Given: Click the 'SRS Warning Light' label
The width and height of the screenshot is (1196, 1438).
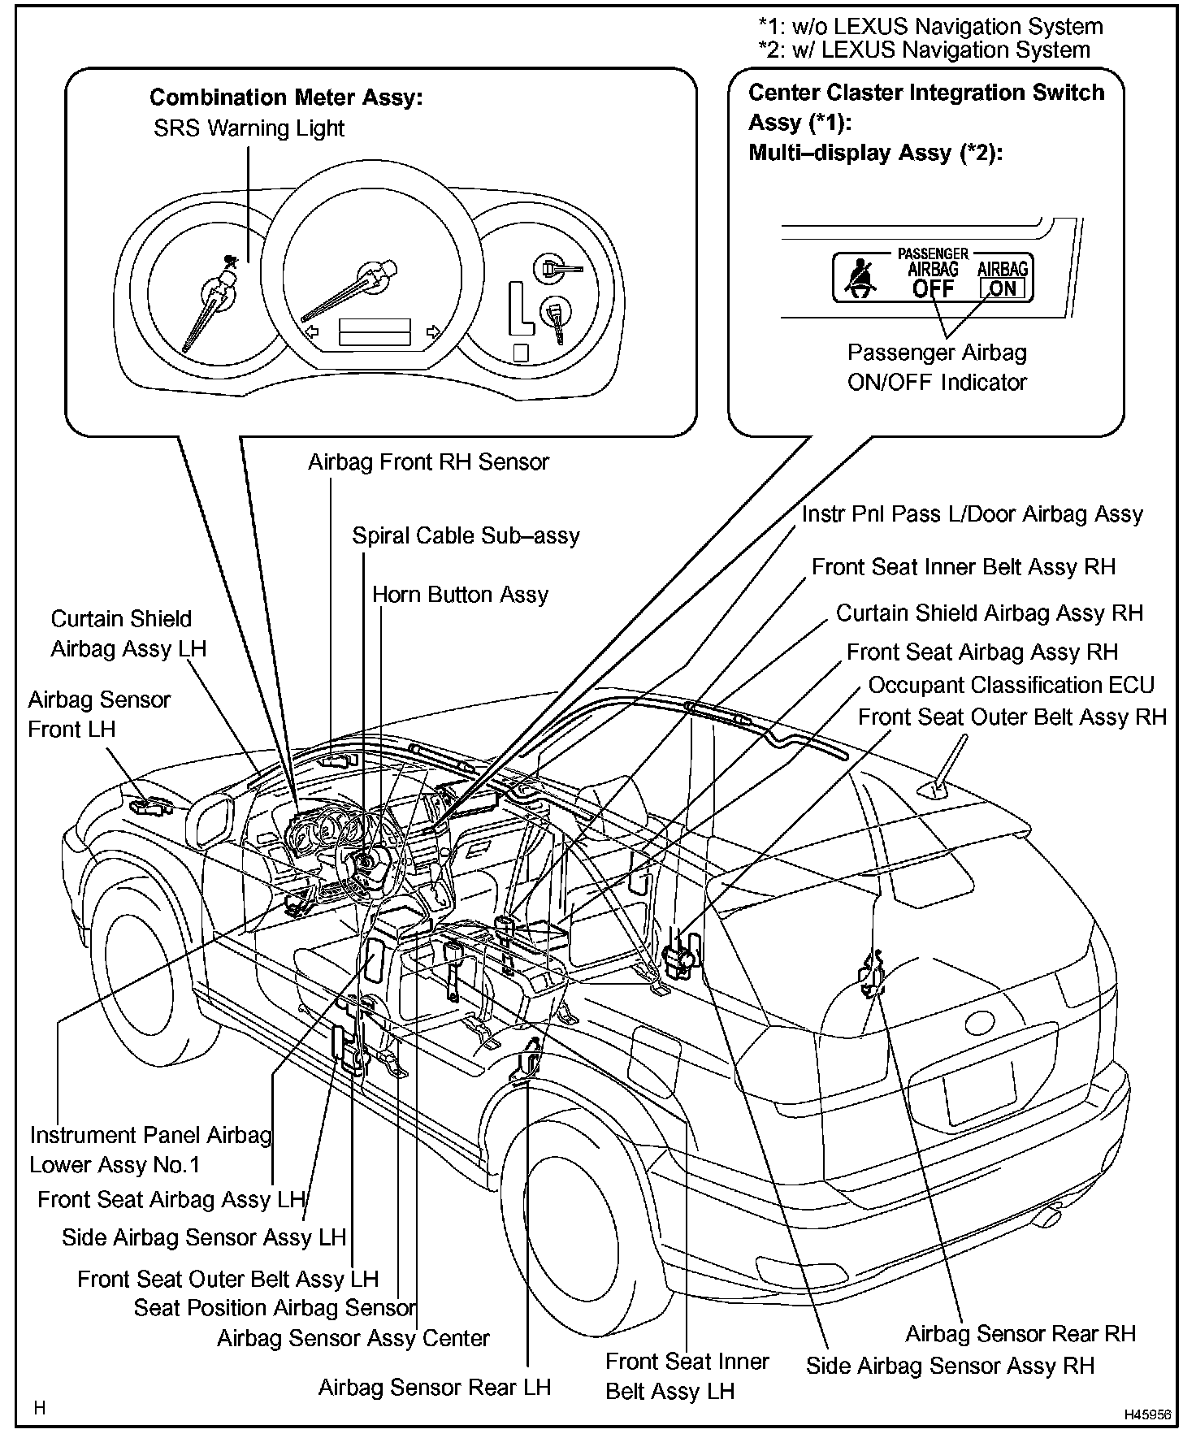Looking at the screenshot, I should [x=249, y=128].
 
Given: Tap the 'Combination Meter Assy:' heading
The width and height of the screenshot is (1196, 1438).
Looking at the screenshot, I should [x=286, y=97].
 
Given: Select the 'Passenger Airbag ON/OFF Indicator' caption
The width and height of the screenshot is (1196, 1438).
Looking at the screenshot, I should [x=937, y=367].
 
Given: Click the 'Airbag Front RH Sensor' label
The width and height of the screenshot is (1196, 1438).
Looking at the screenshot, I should [x=428, y=462].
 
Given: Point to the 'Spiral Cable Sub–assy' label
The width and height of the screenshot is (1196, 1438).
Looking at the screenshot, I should [x=466, y=536].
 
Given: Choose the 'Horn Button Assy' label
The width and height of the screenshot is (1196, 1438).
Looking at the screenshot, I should [x=460, y=595].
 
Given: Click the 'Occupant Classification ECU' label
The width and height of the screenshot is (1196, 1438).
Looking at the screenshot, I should [x=1011, y=685].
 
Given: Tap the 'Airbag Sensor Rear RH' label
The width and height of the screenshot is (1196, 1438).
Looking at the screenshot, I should [x=1020, y=1334].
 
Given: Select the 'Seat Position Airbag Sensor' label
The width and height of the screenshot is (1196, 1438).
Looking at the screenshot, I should [x=275, y=1308].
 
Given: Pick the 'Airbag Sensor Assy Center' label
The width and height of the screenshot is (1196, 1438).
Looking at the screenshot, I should [x=353, y=1339].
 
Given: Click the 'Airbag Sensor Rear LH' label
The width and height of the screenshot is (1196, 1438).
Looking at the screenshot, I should [x=434, y=1387].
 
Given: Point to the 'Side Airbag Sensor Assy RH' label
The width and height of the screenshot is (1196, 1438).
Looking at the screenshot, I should [x=950, y=1366].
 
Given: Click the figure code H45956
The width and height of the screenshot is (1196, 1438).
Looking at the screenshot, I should [x=1147, y=1414].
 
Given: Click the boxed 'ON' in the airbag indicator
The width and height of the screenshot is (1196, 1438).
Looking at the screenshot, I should [x=1003, y=288].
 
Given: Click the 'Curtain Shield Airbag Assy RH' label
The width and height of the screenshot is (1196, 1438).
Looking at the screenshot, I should [x=989, y=613].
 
